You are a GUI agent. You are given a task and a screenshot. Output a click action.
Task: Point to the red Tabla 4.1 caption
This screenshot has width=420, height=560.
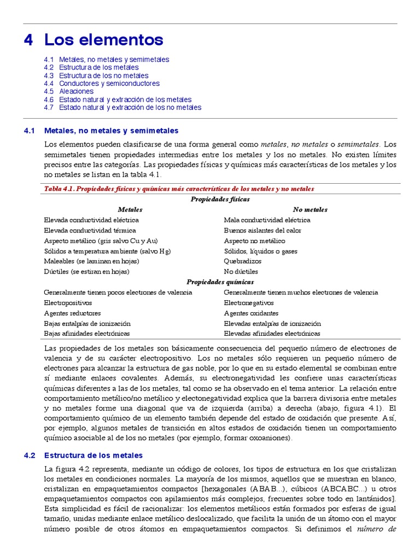(x=179, y=189)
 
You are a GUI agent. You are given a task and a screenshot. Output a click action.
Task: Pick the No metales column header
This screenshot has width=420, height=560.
(x=310, y=209)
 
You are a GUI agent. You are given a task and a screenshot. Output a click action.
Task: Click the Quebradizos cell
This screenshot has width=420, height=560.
(x=243, y=261)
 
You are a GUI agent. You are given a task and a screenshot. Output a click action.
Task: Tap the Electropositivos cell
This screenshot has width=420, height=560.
(x=68, y=303)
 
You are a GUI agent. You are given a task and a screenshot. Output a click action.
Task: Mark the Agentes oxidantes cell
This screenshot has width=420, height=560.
(x=251, y=313)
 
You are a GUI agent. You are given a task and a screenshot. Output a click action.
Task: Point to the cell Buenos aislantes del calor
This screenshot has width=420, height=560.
(x=262, y=230)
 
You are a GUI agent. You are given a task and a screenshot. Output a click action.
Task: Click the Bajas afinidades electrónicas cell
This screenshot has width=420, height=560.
(x=86, y=334)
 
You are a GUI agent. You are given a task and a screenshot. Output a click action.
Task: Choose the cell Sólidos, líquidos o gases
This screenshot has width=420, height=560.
(x=260, y=251)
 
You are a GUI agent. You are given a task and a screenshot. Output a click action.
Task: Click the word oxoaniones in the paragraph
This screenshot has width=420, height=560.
(x=271, y=439)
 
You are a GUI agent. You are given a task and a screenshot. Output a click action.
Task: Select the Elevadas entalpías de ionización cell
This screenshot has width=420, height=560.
(x=272, y=323)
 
